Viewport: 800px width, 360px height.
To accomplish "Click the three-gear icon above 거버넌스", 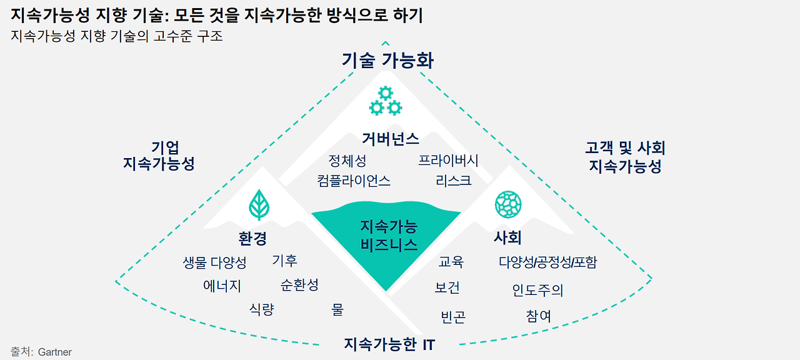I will click(386, 101).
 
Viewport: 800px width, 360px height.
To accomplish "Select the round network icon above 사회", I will click(507, 204).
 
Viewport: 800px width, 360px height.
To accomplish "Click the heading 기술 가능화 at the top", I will click(387, 61).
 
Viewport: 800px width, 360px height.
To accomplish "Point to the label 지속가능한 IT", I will click(389, 344).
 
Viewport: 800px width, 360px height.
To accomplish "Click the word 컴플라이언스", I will click(354, 181).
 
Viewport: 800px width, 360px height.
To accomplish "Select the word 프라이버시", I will click(448, 161).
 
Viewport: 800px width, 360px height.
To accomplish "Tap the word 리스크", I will click(454, 181).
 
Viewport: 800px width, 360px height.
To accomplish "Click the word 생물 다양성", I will click(214, 262).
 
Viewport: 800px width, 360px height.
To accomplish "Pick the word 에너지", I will click(222, 286).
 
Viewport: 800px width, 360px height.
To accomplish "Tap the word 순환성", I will click(299, 285).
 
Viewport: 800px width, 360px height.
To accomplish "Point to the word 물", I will click(337, 309).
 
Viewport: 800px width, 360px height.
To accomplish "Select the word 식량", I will click(261, 309).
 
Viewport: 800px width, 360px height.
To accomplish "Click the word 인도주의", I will click(537, 291).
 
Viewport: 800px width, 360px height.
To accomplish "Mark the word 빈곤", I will click(453, 317).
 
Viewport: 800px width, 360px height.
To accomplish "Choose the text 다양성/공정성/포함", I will click(547, 262).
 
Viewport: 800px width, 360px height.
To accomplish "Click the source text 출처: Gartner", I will click(41, 352).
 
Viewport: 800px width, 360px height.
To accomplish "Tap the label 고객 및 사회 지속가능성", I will click(625, 157).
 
